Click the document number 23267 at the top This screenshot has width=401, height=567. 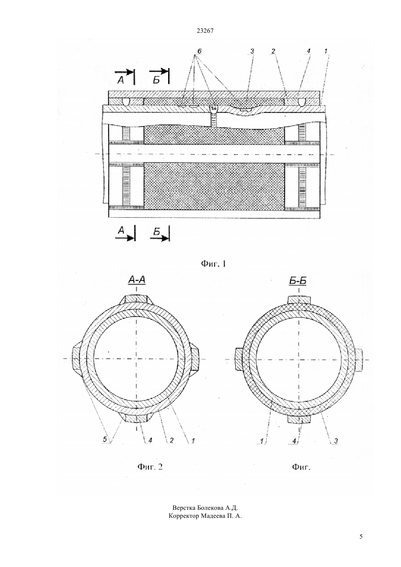pos(205,31)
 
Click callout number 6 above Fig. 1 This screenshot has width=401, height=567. pos(199,51)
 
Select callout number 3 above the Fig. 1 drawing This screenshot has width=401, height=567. pos(252,51)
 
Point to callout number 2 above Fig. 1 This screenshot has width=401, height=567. pos(273,51)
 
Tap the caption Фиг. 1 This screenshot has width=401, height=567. pos(213,264)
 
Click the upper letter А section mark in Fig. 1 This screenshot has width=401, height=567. pos(121,80)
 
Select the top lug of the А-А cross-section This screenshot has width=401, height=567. pos(136,300)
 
